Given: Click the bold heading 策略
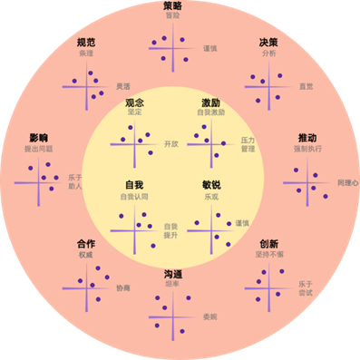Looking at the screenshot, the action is [172, 6].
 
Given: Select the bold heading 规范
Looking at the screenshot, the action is [87, 42].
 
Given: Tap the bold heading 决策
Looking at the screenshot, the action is [269, 42].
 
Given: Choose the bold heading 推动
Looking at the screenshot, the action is [307, 138].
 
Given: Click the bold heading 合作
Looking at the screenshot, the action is [86, 244].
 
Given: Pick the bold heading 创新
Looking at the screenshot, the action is [268, 244].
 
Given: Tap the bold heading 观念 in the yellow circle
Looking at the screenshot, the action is [135, 103].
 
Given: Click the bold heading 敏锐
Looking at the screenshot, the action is [211, 185].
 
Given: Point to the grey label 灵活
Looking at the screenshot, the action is [122, 86].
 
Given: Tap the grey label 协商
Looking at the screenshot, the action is [122, 287].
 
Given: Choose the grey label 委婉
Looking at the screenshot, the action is [210, 316].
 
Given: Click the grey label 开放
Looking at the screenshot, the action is [171, 144].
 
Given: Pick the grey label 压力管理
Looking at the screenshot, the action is [248, 144].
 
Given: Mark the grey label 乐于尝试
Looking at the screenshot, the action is [306, 288].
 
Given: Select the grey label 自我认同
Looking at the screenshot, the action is [134, 196].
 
